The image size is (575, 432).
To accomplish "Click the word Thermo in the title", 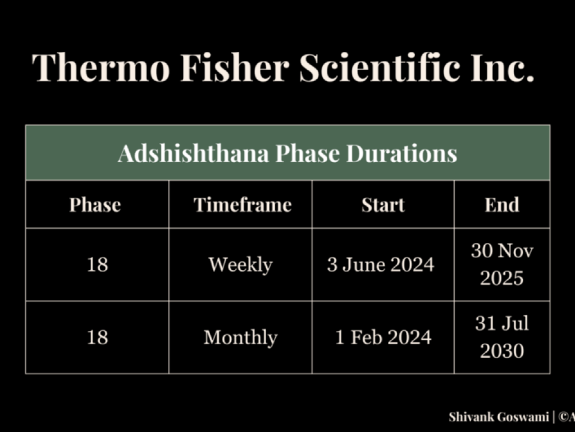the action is point(101,67).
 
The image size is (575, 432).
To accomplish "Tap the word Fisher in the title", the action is point(235,67).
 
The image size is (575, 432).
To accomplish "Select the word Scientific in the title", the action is point(380,67).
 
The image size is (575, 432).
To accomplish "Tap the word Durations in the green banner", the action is point(401,153).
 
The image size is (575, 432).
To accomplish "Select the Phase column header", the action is point(95,205).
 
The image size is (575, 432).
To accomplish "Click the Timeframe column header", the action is point(243,205).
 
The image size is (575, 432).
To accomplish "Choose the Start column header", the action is point(383,205).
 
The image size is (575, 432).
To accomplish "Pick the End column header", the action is point(502,205).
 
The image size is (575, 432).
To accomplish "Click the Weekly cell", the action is point(240,265).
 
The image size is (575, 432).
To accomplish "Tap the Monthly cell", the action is point(240,337).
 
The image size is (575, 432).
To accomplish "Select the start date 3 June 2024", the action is point(381,264).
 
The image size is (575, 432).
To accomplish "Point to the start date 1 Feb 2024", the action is point(383,337).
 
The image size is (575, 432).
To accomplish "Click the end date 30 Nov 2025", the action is point(502,264).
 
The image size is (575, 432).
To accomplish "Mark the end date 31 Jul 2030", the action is point(502,337).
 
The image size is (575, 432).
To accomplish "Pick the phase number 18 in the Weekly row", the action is point(97,264).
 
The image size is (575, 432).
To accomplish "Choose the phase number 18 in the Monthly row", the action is point(97,337).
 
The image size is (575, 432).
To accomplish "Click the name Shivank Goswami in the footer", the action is point(499,417).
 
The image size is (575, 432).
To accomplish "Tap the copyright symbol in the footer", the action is point(563,417).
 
